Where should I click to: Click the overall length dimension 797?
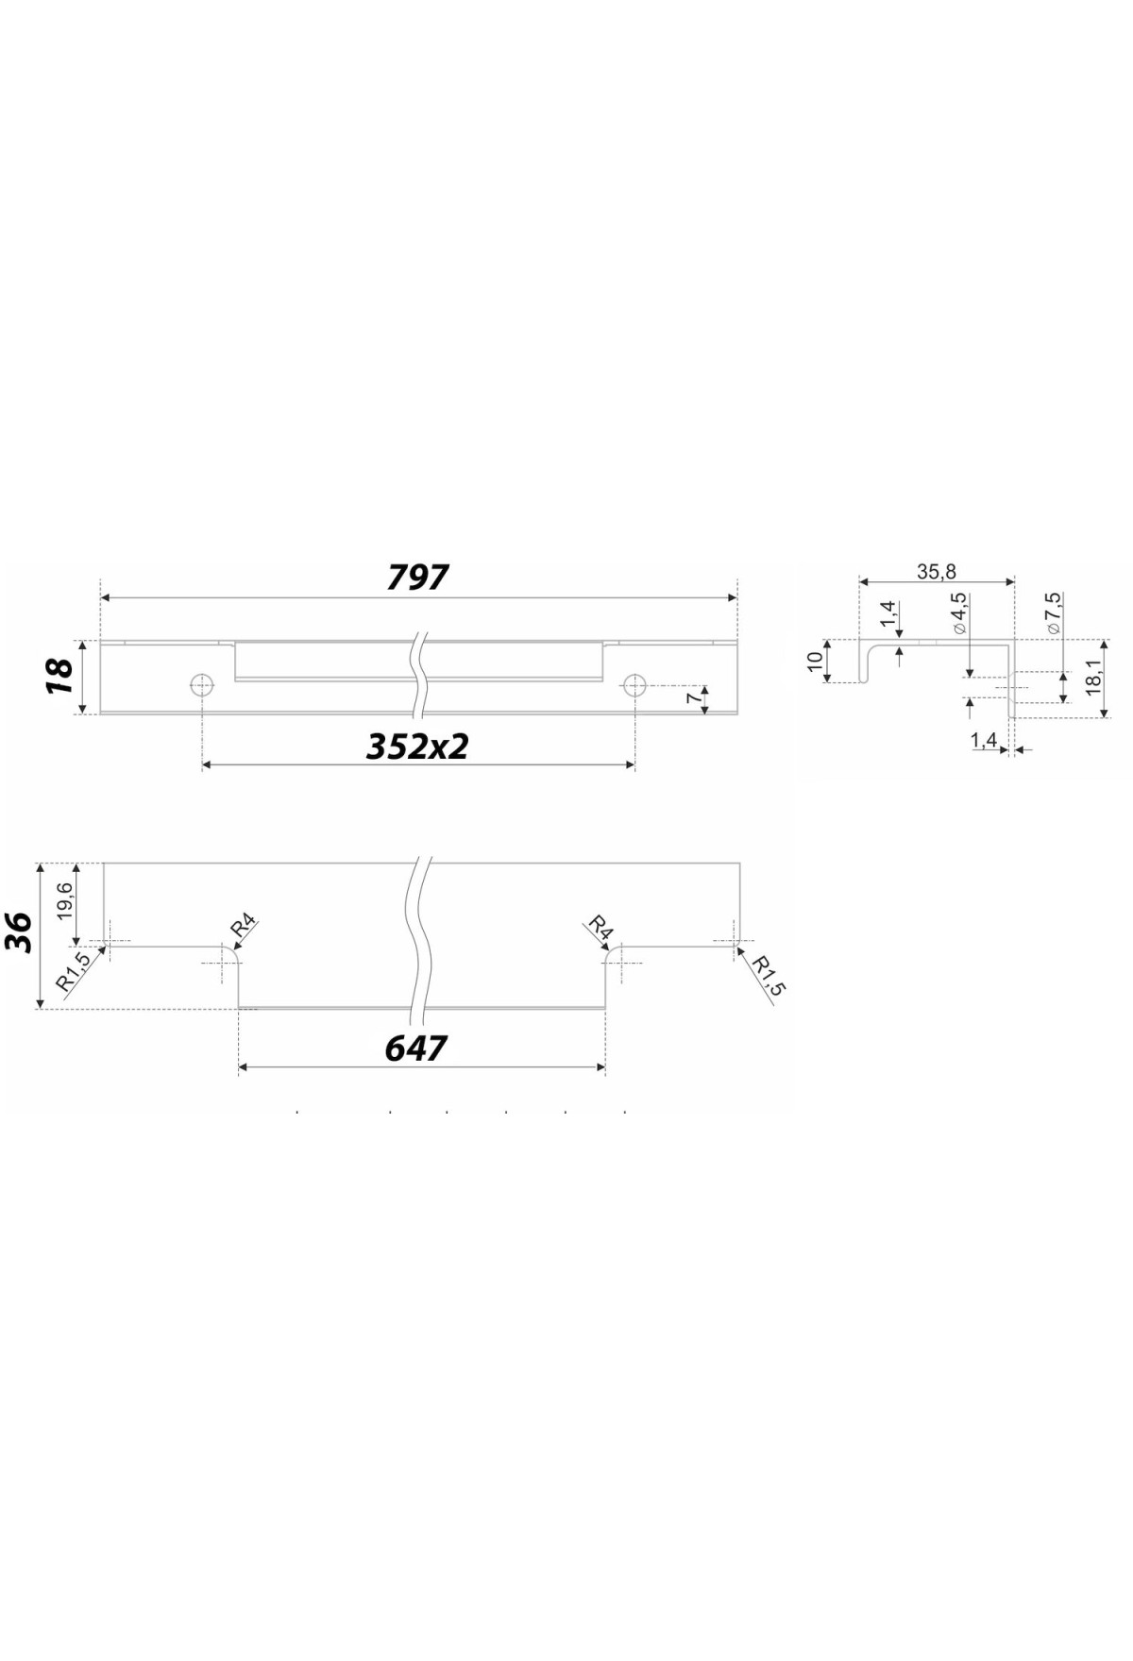tap(418, 577)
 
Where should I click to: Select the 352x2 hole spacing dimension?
tap(417, 747)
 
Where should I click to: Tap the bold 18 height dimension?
tap(60, 677)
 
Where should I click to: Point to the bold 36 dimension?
tap(21, 933)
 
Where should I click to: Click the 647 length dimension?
tap(416, 1048)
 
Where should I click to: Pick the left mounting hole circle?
tap(201, 684)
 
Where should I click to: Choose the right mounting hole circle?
tap(634, 684)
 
